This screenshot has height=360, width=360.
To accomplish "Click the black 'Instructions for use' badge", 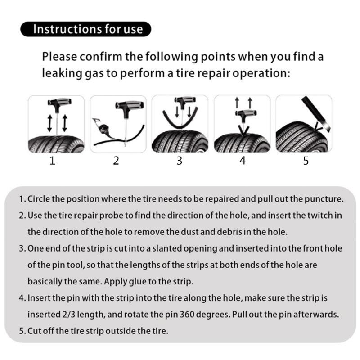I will click(x=85, y=30).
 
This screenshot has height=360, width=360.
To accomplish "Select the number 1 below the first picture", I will click(x=53, y=161).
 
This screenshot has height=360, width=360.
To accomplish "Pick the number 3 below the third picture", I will click(x=179, y=161).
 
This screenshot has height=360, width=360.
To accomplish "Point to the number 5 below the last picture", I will click(x=306, y=161).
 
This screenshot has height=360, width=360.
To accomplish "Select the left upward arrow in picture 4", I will click(x=237, y=103).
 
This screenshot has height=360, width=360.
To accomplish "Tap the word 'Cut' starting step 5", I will click(x=36, y=331).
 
